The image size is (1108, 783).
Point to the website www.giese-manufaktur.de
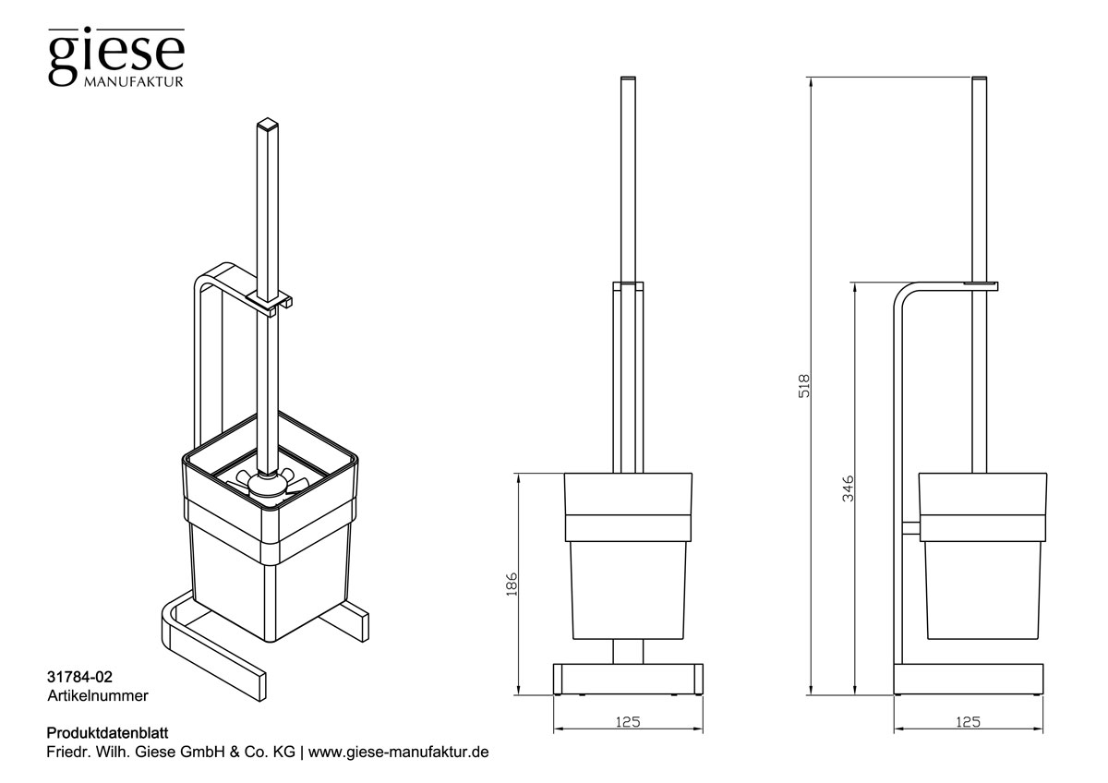click(397, 753)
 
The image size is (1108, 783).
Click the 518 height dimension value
click(803, 385)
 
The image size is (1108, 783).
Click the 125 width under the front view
click(627, 722)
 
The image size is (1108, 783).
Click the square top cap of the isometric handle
click(268, 123)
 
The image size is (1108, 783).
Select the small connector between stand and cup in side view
click(909, 527)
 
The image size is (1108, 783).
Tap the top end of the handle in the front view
click(628, 78)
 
